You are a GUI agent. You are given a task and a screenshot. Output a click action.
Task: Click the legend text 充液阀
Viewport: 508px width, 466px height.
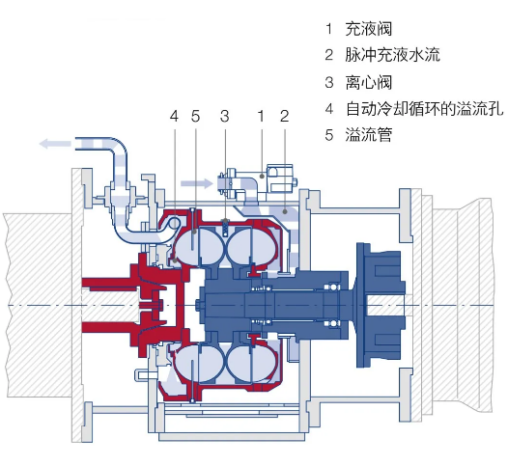pos(368,29)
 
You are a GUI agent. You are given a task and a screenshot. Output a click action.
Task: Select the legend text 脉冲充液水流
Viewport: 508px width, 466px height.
pos(392,55)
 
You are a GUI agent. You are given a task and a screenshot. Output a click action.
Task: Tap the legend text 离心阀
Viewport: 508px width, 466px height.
pos(368,82)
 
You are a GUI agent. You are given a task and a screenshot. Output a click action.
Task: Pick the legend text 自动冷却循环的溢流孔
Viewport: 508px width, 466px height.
pos(424,108)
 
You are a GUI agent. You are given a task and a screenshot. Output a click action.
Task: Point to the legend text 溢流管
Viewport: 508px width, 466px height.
pos(368,134)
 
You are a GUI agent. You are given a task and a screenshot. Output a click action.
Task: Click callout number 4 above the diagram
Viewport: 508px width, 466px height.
pos(174,116)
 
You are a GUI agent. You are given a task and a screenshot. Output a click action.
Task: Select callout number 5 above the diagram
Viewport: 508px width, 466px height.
pos(195,116)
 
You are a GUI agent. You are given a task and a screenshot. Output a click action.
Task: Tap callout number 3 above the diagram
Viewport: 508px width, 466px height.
pos(225,116)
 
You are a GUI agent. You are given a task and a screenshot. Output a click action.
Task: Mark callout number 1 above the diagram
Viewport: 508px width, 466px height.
pos(261,116)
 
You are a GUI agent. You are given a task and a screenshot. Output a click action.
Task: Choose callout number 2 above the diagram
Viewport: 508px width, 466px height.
pos(285,116)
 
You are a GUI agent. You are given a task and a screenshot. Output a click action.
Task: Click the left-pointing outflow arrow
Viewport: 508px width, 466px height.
pos(55,143)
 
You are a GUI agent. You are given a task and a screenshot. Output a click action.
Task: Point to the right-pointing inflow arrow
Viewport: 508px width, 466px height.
pos(197,184)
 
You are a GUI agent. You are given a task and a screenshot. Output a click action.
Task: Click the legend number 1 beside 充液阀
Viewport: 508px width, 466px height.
pos(329,29)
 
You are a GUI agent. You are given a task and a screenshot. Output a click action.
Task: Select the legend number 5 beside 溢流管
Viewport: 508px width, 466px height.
pos(329,135)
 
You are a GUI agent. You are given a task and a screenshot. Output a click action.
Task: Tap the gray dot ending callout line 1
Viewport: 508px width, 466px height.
pos(262,176)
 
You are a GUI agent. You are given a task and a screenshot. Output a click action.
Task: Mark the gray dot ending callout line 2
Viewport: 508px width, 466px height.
pos(285,211)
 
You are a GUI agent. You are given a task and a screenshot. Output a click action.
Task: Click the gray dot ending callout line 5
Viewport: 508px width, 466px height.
pos(195,232)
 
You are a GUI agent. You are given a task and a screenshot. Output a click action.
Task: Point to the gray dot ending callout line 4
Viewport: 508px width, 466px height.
pos(174,260)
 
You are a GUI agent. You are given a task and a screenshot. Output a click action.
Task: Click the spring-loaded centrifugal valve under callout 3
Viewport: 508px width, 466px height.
pos(225,228)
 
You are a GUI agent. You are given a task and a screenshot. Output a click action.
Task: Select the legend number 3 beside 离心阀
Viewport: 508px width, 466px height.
pos(329,82)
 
